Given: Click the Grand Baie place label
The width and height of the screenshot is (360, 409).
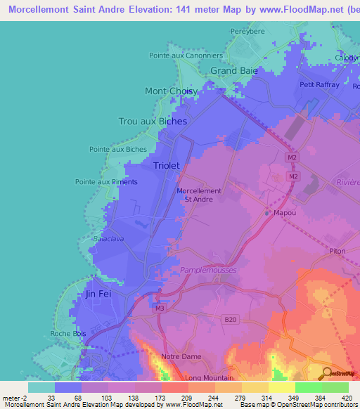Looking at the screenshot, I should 234,71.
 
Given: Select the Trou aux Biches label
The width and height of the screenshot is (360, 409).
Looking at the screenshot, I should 153,121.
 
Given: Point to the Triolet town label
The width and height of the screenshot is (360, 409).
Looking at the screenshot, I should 167,165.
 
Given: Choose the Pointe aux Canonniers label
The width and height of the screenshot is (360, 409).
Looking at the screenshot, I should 186,56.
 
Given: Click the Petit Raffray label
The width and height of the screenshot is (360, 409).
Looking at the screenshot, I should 319,85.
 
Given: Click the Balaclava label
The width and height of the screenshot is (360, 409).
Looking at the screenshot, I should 108,239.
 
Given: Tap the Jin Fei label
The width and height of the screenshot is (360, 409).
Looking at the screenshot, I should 98,294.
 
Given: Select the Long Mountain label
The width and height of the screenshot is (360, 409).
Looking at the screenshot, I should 209,377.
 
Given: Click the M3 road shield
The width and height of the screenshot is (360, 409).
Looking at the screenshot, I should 160,308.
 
